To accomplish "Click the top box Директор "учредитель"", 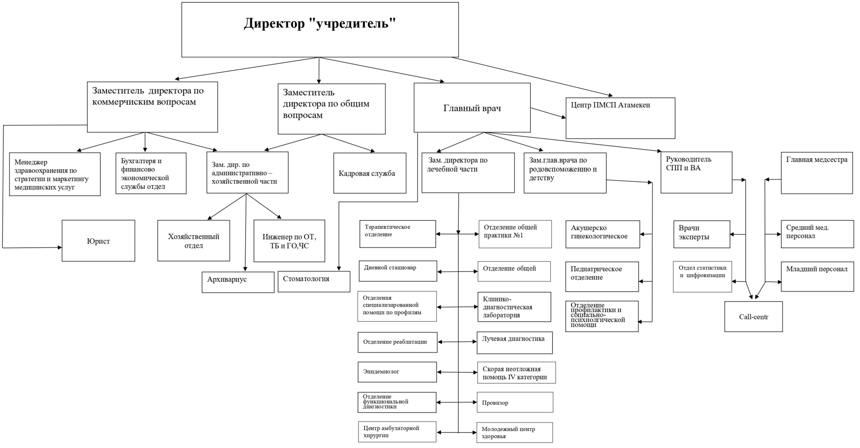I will click(320, 30).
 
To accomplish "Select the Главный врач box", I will click(472, 108).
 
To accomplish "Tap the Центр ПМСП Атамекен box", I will click(620, 118).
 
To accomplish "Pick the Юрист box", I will click(98, 241).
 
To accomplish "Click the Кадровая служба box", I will click(370, 173).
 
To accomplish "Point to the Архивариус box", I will click(238, 282).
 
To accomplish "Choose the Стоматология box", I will click(314, 281).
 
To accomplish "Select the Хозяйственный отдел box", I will click(194, 241).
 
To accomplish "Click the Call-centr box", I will click(753, 317).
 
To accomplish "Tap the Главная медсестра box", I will click(817, 173).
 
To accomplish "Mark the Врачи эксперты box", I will click(701, 234).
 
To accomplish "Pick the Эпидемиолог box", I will click(397, 372).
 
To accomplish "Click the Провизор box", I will click(515, 402).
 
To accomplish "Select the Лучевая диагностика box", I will click(514, 343).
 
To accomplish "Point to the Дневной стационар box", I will click(398, 271).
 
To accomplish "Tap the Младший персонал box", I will click(817, 277).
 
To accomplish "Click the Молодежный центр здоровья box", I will click(514, 432).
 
